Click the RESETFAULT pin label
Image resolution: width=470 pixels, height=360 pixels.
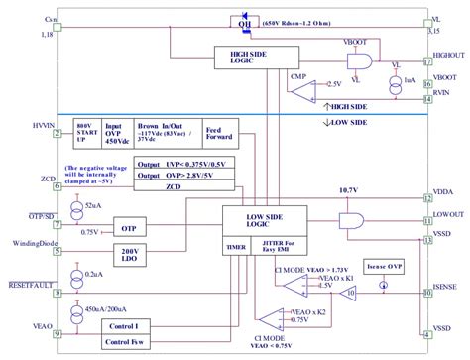coord(30,281)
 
